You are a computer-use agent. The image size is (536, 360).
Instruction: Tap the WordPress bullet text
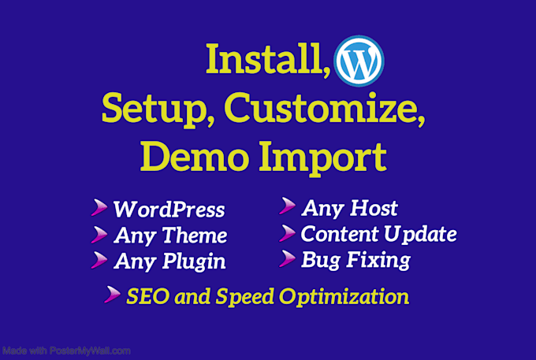(x=169, y=210)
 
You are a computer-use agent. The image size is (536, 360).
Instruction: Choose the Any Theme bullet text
(x=170, y=236)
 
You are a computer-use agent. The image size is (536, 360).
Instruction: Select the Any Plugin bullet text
(x=169, y=261)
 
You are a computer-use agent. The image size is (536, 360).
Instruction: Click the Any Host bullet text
(x=349, y=209)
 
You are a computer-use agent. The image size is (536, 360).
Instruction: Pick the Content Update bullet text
(x=378, y=234)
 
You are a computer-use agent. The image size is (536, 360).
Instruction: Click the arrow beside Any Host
(x=287, y=207)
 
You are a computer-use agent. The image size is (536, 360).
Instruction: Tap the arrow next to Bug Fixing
(x=287, y=258)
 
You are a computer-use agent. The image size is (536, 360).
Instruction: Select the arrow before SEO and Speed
(x=114, y=296)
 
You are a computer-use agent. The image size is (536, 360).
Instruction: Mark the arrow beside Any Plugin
(x=99, y=259)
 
